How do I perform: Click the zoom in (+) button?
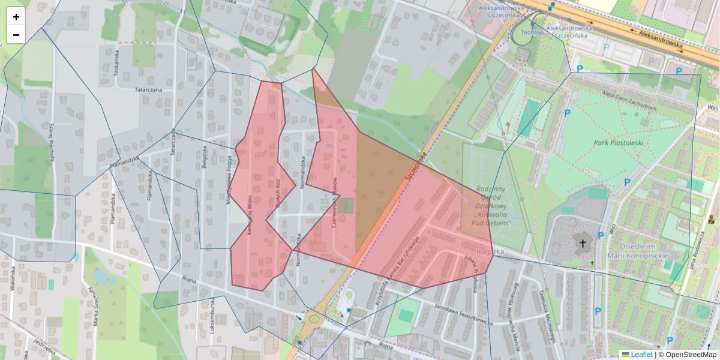[16, 17]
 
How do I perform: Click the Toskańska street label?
[117, 62]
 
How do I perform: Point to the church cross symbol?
[581, 243]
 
